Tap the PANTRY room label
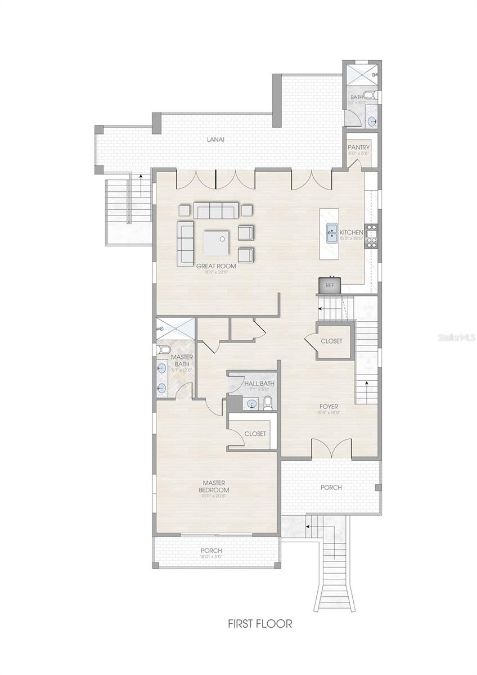click(x=358, y=147)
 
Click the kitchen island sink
click(x=332, y=230)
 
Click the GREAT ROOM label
click(x=216, y=265)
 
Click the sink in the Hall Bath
click(x=251, y=403)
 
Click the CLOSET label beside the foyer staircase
click(x=331, y=341)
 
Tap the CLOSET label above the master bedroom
click(x=255, y=434)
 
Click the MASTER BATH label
click(x=182, y=361)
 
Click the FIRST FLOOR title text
click(x=259, y=624)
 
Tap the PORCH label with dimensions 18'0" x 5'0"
click(x=211, y=550)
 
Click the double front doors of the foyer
click(x=333, y=449)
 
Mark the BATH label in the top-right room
click(x=357, y=97)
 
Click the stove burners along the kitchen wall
click(x=371, y=236)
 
